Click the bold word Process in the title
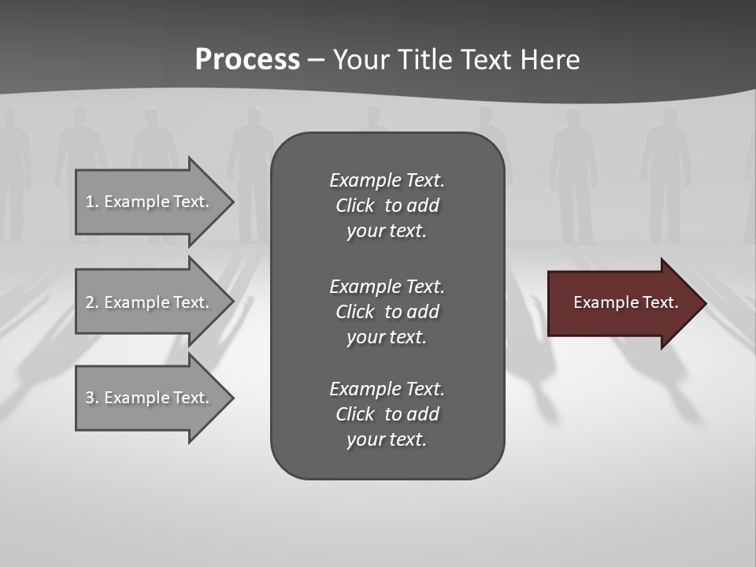247,60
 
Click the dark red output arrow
622,303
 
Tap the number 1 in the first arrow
90,202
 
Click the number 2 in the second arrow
90,302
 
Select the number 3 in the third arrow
90,398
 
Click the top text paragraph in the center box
387,206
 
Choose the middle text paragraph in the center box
387,312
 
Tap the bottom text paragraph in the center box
387,414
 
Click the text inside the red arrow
625,302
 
